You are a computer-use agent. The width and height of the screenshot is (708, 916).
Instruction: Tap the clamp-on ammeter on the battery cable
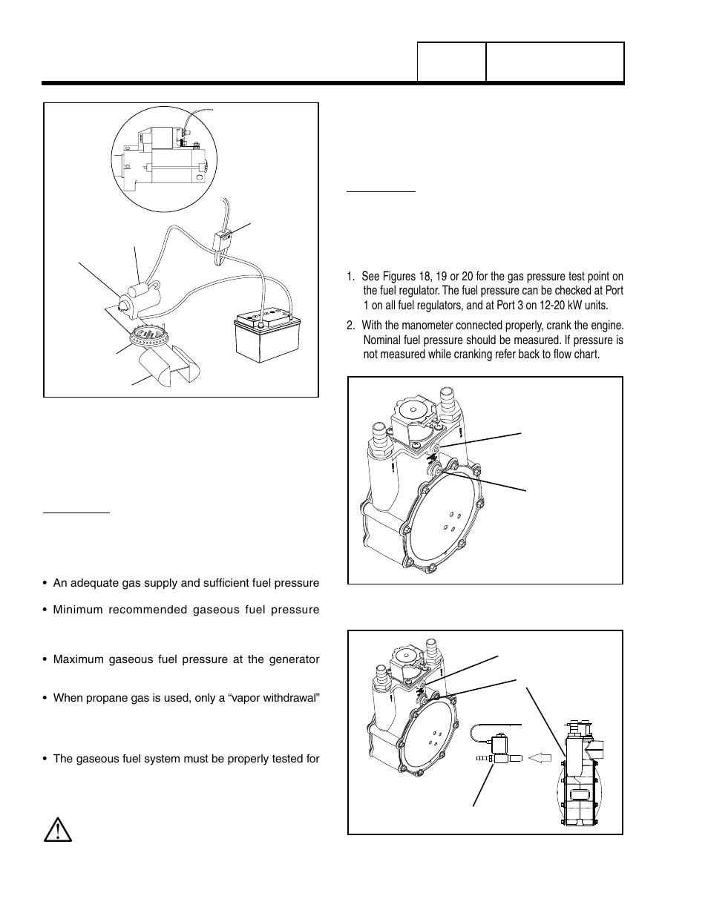coord(223,245)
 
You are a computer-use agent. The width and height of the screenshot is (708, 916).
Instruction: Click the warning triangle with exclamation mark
coord(57,829)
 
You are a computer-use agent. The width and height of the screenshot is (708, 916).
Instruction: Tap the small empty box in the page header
coord(451,62)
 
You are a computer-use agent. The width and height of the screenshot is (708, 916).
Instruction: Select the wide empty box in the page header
coord(554,62)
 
